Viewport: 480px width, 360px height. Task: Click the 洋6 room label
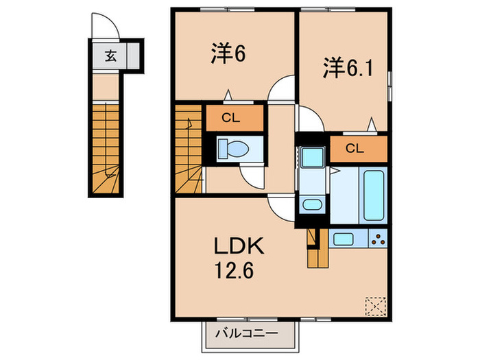[x=228, y=53]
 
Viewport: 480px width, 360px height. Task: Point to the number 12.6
[x=235, y=271]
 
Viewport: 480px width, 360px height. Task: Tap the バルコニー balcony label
[x=247, y=333]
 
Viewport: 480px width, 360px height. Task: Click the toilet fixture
[x=233, y=149]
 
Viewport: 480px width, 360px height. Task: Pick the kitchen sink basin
[x=343, y=239]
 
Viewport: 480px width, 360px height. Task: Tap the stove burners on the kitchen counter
[x=379, y=239]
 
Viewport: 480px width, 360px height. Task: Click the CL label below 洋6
[x=231, y=117]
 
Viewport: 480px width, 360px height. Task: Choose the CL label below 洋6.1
[x=355, y=149]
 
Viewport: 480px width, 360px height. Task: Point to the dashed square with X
[x=376, y=306]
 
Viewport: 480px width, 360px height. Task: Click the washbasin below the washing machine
[x=312, y=204]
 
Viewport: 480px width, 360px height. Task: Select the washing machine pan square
[x=312, y=157]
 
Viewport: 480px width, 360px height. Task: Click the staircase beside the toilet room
[x=189, y=149]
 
